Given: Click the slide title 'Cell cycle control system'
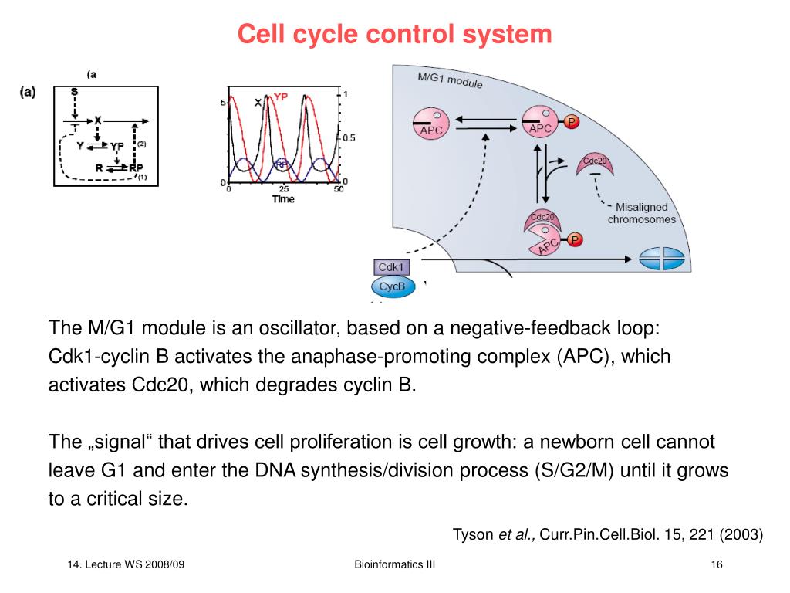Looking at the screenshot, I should click(394, 34).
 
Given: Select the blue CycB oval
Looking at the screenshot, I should click(393, 287).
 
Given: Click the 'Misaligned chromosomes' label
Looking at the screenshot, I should click(641, 213).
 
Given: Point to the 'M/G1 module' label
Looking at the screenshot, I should click(450, 80).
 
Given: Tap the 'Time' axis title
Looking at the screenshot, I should click(283, 199).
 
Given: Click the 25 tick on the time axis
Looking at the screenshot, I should click(283, 189).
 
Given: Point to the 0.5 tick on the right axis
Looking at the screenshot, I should click(349, 138).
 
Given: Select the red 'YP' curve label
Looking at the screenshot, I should click(282, 97).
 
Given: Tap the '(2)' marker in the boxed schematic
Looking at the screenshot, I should click(141, 144).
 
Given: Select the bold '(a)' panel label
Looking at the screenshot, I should click(27, 93).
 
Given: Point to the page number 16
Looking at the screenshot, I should click(716, 565).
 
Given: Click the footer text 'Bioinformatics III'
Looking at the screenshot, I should click(394, 565).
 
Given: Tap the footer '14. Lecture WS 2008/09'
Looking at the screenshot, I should click(126, 565).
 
